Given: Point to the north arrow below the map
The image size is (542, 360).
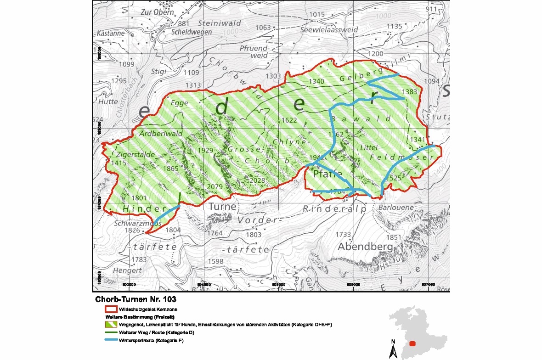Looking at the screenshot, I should tap(393, 349).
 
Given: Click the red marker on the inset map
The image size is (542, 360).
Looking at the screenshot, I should tap(413, 343).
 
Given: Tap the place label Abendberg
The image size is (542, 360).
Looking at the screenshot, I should tap(365, 247).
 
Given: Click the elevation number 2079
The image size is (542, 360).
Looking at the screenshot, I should tap(215, 186).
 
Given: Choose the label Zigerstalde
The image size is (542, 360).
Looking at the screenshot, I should tap(135, 155).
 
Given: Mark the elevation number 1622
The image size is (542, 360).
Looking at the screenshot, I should tap(289, 120).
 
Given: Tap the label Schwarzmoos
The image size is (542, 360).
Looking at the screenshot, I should tap(137, 223).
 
